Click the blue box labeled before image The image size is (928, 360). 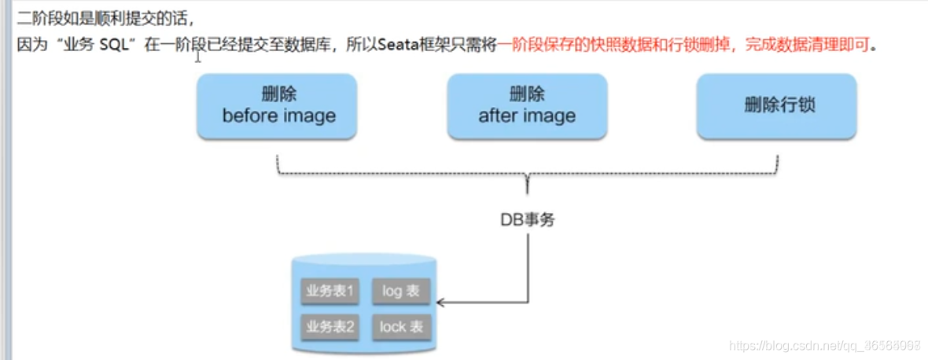point(278,106)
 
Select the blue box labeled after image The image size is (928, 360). point(526,106)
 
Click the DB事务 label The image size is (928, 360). point(528,219)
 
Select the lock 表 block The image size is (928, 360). point(401,326)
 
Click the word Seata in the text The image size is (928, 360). point(398,45)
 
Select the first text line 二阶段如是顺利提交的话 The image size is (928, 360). point(105,15)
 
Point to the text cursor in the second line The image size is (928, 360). point(198,55)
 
